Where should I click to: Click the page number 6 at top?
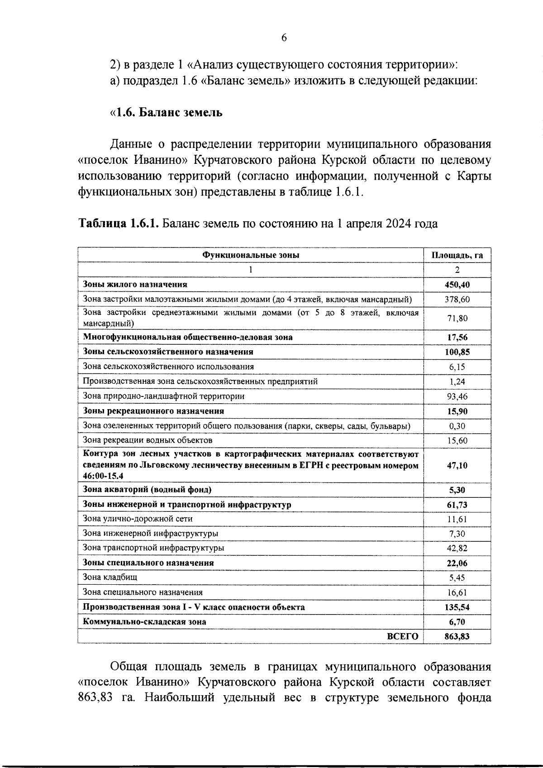(284, 38)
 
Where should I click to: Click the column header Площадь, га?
(457, 255)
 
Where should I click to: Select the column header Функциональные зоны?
(250, 255)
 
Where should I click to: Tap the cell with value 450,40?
(457, 285)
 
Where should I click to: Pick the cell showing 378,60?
(457, 300)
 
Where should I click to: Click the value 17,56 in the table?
(457, 338)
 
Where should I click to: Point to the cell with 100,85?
(457, 352)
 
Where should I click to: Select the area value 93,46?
(457, 396)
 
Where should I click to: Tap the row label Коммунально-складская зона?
(144, 621)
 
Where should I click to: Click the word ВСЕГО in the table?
(403, 636)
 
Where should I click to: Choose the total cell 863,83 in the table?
(457, 636)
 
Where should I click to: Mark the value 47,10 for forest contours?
(457, 466)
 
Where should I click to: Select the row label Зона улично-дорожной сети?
(138, 519)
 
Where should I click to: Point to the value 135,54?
(457, 607)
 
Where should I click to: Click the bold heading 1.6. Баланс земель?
(167, 112)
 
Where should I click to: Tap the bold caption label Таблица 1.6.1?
(118, 224)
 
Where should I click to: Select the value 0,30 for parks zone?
(457, 426)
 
